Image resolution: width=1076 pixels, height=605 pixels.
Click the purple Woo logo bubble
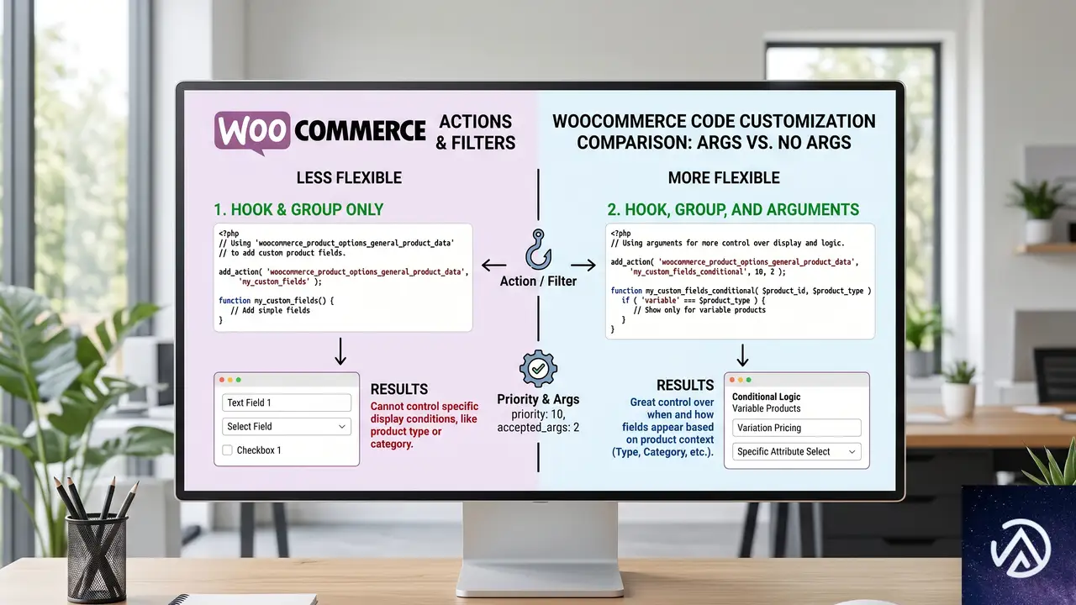[x=252, y=132]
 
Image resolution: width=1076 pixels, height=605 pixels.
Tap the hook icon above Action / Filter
[x=538, y=249]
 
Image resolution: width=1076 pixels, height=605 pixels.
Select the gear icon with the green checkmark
[x=538, y=368]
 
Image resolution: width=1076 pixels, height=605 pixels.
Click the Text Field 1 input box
[x=287, y=402]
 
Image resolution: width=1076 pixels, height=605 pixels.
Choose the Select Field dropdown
[x=287, y=426]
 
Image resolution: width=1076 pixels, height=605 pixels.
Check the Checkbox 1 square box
[x=227, y=450]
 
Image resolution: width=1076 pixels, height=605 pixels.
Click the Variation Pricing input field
[x=796, y=428]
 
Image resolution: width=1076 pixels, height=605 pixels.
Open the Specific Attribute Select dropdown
[x=796, y=451]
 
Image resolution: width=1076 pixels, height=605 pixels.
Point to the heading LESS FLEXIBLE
[x=349, y=177]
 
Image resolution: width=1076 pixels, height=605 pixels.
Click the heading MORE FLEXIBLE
[x=724, y=177]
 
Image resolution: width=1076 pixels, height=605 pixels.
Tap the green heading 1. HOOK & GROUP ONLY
[x=298, y=209]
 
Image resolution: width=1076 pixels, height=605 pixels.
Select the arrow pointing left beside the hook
[x=493, y=265]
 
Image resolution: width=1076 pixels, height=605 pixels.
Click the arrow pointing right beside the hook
[x=583, y=265]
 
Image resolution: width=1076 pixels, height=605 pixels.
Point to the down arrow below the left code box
[x=340, y=351]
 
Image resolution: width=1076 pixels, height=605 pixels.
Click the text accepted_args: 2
[x=538, y=428]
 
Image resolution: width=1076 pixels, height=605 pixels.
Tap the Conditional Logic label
[x=766, y=397]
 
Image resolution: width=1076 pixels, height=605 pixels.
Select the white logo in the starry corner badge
[x=1021, y=548]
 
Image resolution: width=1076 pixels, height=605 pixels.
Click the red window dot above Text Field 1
[x=222, y=380]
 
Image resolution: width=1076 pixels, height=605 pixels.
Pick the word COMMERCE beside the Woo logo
[x=360, y=130]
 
